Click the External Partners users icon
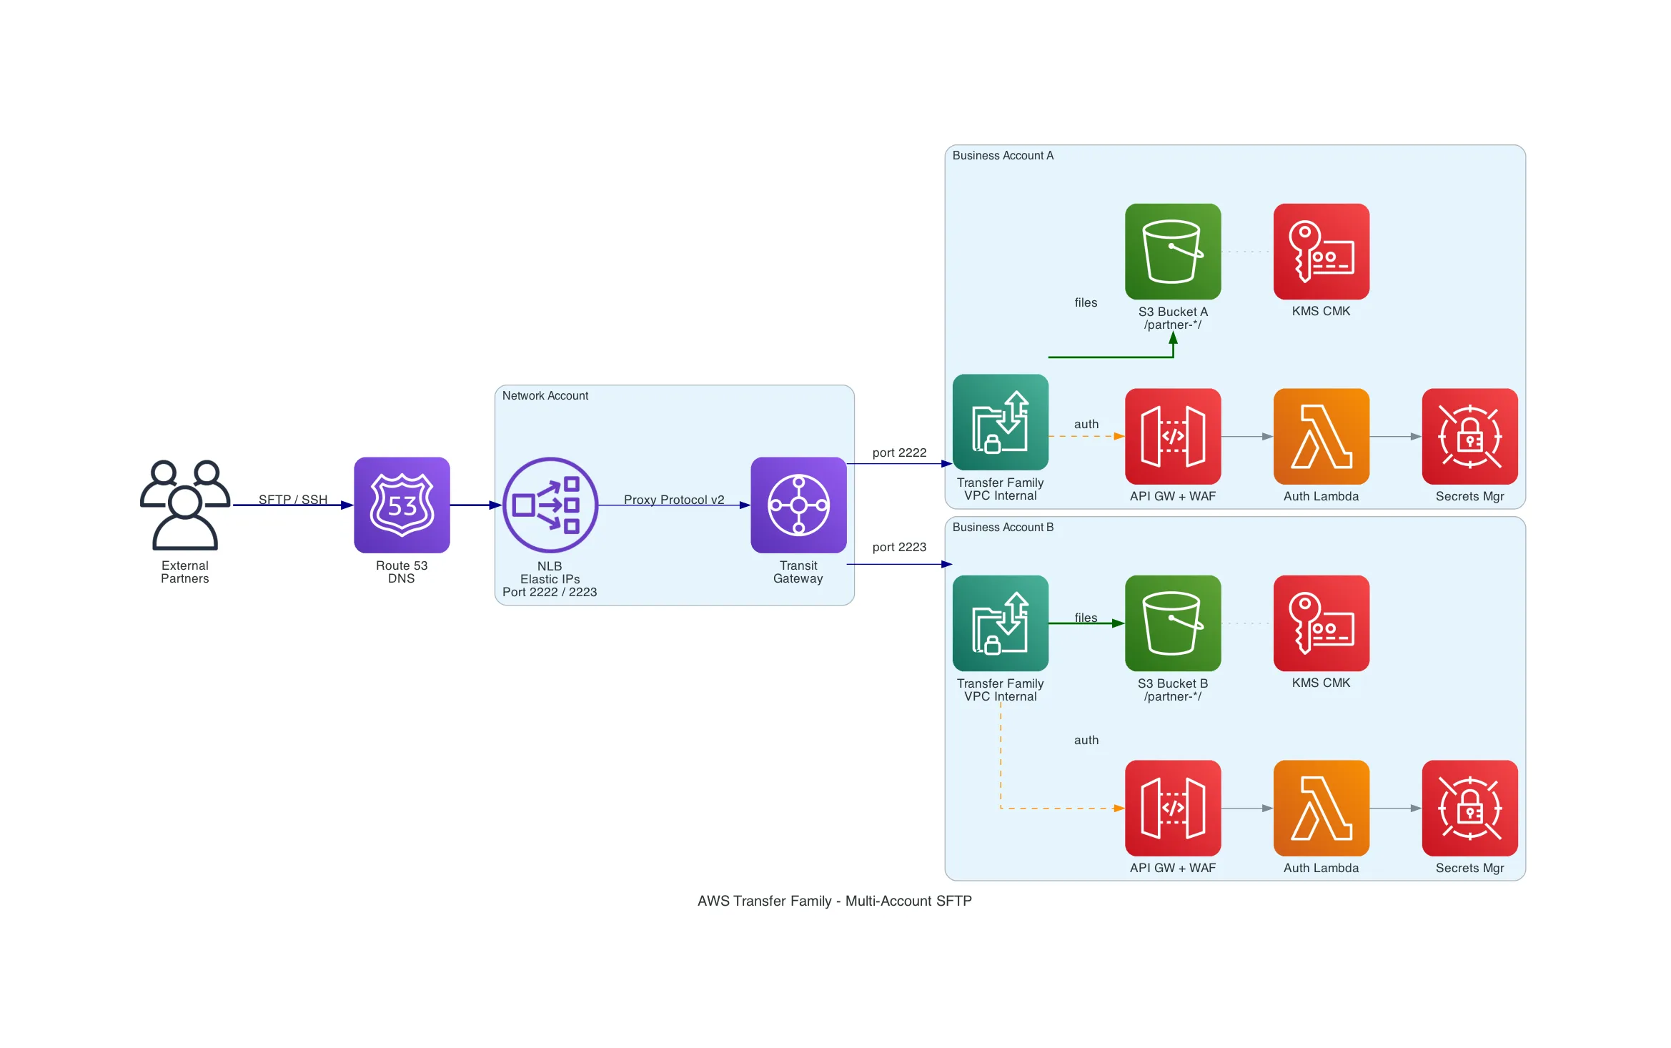pos(185,505)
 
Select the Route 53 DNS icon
pos(402,505)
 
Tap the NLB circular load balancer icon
pos(550,505)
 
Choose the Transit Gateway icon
pos(798,505)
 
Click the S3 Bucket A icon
pos(1173,251)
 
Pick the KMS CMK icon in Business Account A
pos(1321,251)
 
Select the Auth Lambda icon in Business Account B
pos(1321,808)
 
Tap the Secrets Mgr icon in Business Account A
pos(1469,436)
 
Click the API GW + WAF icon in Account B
pos(1173,808)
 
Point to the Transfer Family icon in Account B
pos(1000,623)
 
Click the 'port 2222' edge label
pos(899,453)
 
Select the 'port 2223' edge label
pos(899,547)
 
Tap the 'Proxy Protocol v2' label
pos(674,500)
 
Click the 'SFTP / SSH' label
pos(293,500)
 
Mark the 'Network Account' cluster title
pos(545,395)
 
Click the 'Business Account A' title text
pos(1003,155)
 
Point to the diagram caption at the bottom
pos(835,901)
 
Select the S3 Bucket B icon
pos(1173,623)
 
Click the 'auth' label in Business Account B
pos(1086,740)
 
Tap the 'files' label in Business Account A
pos(1086,302)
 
